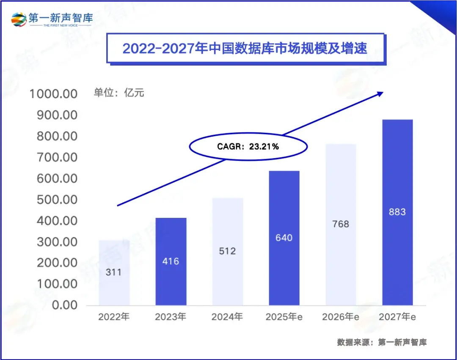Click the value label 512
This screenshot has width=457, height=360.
click(227, 251)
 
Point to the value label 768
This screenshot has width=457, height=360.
click(341, 224)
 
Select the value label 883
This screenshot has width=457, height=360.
click(397, 212)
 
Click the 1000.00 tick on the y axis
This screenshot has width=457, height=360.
click(53, 94)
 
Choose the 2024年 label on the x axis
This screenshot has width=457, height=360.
click(227, 317)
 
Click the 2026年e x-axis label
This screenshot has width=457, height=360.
click(340, 317)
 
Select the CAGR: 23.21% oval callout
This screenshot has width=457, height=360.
click(248, 147)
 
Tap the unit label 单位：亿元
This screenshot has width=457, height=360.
click(119, 93)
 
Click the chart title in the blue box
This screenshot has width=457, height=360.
click(245, 48)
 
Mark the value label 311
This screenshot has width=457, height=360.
click(113, 272)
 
